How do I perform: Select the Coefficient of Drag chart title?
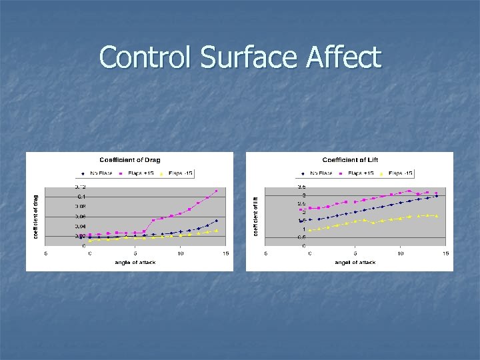tap(129, 160)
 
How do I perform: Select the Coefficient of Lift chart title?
tap(350, 160)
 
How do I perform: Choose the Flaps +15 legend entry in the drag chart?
tap(139, 173)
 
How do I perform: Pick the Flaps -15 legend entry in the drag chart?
tap(177, 173)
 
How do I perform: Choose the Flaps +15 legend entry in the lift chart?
tap(359, 173)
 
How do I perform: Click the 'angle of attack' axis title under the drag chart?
tap(135, 263)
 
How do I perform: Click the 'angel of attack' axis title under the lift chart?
tap(355, 263)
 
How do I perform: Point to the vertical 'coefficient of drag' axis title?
tap(37, 215)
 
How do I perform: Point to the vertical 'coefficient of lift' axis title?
tap(256, 215)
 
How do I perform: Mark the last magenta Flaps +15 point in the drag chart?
tap(216, 191)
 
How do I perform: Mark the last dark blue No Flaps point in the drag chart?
tap(216, 221)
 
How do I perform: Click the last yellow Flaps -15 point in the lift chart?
tap(436, 216)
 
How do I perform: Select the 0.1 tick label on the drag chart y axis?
tap(80, 197)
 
